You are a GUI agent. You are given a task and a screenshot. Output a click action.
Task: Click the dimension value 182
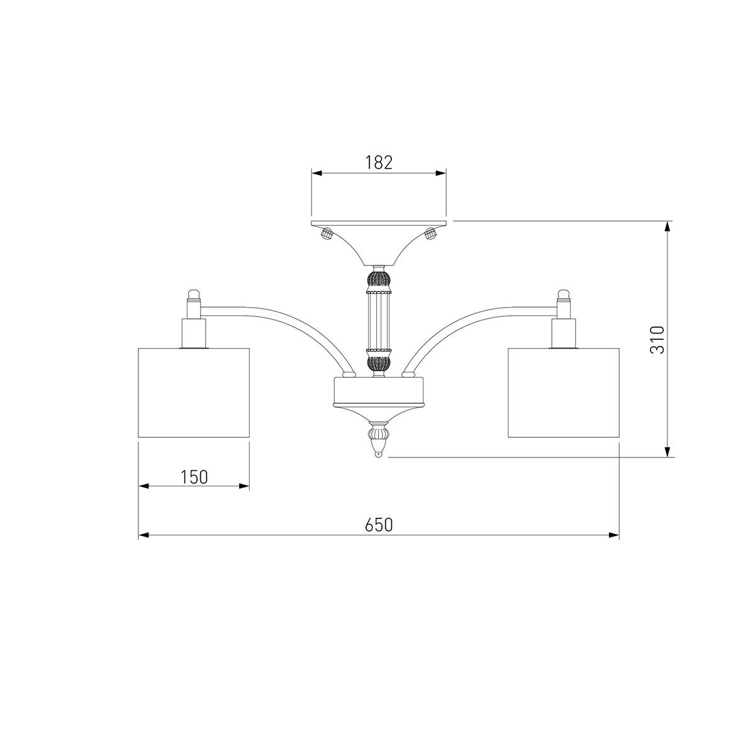pyautogui.click(x=379, y=162)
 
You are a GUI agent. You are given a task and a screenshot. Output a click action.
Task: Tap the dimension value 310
pyautogui.click(x=657, y=339)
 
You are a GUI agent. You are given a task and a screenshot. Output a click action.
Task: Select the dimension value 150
pyautogui.click(x=194, y=477)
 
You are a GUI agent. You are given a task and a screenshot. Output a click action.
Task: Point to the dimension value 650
pyautogui.click(x=379, y=525)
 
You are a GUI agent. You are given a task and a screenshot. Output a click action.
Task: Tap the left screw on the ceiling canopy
pyautogui.click(x=326, y=234)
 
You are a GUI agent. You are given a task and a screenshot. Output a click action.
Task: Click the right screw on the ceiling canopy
pyautogui.click(x=431, y=234)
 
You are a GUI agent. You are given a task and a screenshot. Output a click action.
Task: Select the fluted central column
pyautogui.click(x=378, y=322)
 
